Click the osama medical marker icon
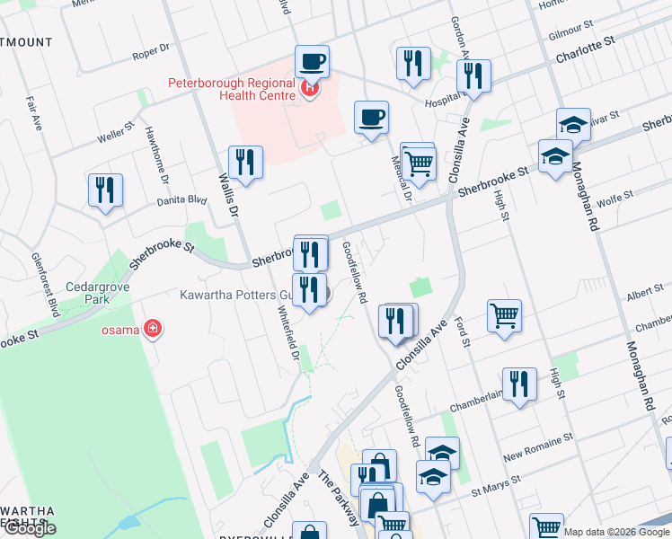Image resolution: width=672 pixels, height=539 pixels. click(153, 329)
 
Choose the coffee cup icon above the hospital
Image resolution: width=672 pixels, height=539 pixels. click(312, 62)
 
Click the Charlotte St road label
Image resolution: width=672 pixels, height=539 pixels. click(584, 54)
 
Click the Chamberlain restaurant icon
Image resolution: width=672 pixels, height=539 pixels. click(519, 385)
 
